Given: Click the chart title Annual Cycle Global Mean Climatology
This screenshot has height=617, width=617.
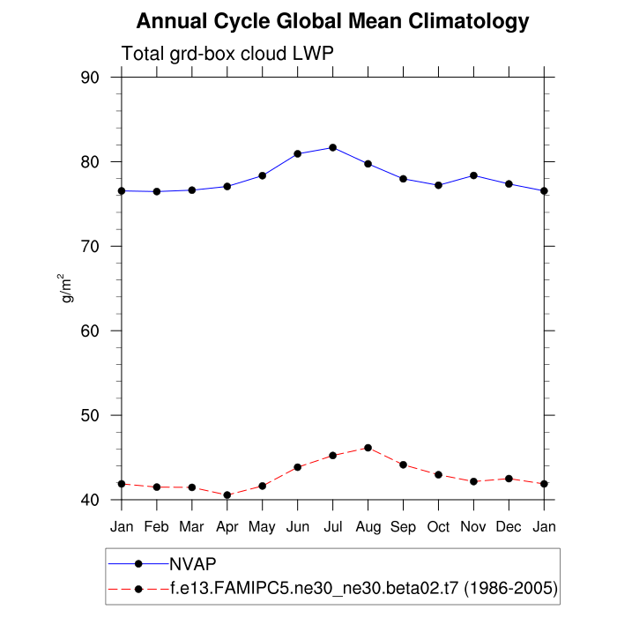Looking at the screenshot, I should pyautogui.click(x=333, y=21).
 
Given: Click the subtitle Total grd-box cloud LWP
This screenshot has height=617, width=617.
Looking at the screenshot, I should pyautogui.click(x=227, y=54).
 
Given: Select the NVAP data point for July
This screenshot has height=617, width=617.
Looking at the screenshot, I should pyautogui.click(x=332, y=147).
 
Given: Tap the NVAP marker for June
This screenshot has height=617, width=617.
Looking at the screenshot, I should pyautogui.click(x=298, y=153).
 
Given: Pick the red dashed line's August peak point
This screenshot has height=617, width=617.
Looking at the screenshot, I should pyautogui.click(x=368, y=448).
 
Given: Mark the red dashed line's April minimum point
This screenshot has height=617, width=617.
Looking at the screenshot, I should pyautogui.click(x=227, y=495).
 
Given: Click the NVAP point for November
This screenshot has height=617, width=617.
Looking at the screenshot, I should pyautogui.click(x=473, y=175).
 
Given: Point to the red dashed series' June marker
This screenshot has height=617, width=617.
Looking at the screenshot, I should pyautogui.click(x=298, y=467).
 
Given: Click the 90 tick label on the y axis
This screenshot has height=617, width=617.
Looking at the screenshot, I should pyautogui.click(x=90, y=78).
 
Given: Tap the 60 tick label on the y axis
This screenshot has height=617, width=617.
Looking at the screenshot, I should pyautogui.click(x=90, y=331).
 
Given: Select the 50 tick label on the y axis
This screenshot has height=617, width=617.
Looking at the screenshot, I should pyautogui.click(x=90, y=415).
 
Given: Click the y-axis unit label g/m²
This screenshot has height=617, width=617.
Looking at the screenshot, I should pyautogui.click(x=67, y=288).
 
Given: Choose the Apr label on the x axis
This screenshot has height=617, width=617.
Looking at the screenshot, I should pyautogui.click(x=227, y=527).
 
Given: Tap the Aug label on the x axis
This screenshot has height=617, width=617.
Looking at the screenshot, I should pyautogui.click(x=368, y=527).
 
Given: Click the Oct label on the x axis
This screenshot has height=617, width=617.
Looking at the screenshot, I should pyautogui.click(x=438, y=527).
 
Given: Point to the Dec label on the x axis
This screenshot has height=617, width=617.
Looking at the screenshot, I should pyautogui.click(x=509, y=527).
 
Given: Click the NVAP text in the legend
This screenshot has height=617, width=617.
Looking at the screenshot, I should pyautogui.click(x=193, y=563).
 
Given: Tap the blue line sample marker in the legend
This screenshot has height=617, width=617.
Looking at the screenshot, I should pyautogui.click(x=138, y=563).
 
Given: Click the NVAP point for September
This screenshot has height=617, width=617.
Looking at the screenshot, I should pyautogui.click(x=403, y=179).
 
